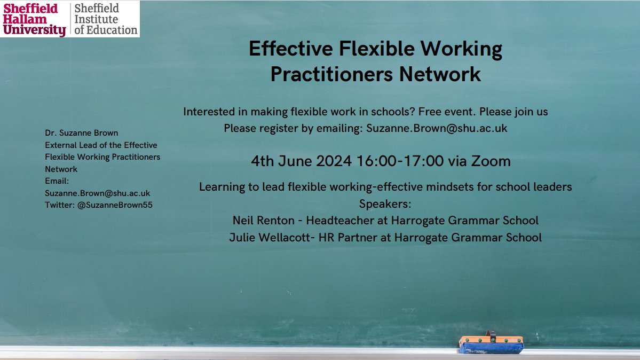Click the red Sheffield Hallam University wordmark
point(34,19)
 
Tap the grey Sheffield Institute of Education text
point(106,19)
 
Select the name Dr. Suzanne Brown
point(82,132)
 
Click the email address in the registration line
point(437,128)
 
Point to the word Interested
point(210,112)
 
